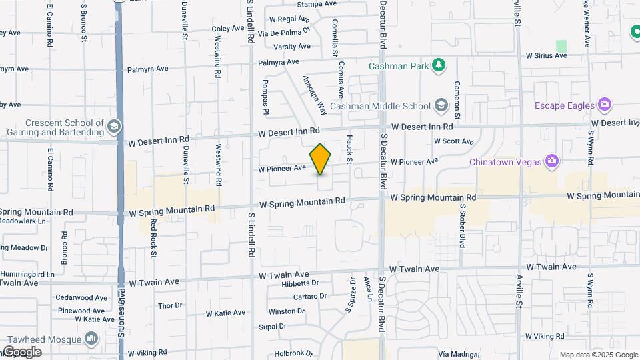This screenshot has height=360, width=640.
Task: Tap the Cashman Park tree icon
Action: tap(438, 65)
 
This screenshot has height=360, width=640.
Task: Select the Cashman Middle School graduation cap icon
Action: tap(441, 105)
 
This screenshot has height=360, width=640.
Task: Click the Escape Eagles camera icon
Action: tap(605, 105)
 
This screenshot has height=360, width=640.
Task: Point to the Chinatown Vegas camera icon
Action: tap(551, 161)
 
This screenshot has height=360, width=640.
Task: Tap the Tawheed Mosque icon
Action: tap(91, 339)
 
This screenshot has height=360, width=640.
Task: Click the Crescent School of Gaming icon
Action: tap(114, 126)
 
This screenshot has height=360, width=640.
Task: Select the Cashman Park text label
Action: tap(398, 66)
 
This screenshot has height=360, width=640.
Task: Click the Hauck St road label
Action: tap(349, 148)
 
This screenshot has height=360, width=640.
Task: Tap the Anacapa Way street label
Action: tap(315, 94)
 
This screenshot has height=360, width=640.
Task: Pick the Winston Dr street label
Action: tap(286, 311)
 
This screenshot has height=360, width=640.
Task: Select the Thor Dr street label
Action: tap(170, 306)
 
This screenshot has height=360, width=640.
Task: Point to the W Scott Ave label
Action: tap(453, 141)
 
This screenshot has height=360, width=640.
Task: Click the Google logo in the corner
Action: tap(21, 352)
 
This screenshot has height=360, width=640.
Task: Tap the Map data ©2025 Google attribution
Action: tap(599, 355)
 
